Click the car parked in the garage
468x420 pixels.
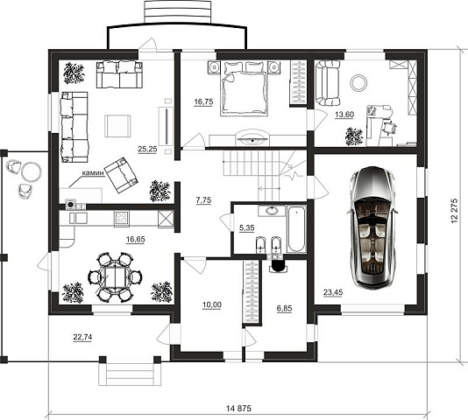click(372, 227)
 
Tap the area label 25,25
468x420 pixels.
click(147, 149)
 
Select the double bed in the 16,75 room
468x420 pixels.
click(243, 88)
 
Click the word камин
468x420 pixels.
click(94, 173)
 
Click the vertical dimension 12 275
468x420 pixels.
click(455, 211)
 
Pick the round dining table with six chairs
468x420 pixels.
click(115, 277)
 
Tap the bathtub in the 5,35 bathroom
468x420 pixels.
click(296, 228)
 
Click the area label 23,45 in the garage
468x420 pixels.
click(333, 292)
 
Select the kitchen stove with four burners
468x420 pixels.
click(122, 218)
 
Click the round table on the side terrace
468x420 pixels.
click(31, 171)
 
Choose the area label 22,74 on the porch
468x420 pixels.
click(82, 337)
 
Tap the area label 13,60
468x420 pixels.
click(344, 115)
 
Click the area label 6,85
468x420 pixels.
click(284, 309)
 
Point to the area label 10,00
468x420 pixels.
click(212, 304)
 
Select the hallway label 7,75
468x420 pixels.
click(203, 200)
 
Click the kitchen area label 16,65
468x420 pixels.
click(136, 240)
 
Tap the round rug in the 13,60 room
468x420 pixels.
click(358, 82)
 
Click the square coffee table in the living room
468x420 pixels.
click(117, 126)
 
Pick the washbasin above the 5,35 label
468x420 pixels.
click(273, 211)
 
